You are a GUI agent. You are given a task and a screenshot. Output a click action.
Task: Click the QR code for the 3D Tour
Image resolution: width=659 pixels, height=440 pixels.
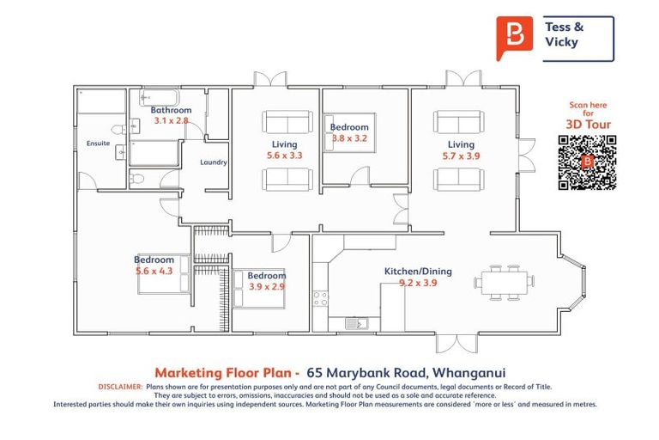click(587, 161)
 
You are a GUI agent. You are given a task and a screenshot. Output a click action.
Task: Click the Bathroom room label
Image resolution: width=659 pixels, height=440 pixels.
click(171, 110)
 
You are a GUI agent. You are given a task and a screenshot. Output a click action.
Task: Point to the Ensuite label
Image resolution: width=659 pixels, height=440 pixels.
click(98, 144)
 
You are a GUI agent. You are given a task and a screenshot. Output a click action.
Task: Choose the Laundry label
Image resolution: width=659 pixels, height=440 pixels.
click(213, 162)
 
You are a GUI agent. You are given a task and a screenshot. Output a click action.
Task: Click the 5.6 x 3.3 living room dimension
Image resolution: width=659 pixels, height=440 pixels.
click(285, 156)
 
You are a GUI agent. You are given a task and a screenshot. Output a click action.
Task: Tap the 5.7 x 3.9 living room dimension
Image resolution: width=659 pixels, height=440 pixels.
click(461, 156)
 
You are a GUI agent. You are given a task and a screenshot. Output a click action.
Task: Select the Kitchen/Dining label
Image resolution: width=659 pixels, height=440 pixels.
click(418, 272)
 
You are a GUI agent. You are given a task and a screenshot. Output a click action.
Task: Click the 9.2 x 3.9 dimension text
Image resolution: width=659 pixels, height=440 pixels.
click(418, 283)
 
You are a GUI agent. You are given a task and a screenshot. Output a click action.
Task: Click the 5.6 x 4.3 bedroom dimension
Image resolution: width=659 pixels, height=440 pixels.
click(154, 271)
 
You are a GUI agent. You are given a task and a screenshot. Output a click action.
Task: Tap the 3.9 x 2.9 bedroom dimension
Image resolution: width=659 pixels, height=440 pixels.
click(266, 286)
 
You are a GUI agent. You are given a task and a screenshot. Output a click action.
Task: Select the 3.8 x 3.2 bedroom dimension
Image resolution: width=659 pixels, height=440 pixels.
click(349, 137)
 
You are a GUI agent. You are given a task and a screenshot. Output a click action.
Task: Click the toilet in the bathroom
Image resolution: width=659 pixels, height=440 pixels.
click(136, 178)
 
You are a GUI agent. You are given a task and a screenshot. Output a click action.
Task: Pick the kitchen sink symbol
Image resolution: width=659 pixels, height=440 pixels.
click(355, 322)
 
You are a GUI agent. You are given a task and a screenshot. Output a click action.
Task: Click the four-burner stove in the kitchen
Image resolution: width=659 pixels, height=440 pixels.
click(320, 299)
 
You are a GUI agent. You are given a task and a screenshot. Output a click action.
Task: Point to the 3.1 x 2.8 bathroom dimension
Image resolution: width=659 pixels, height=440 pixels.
click(171, 120)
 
